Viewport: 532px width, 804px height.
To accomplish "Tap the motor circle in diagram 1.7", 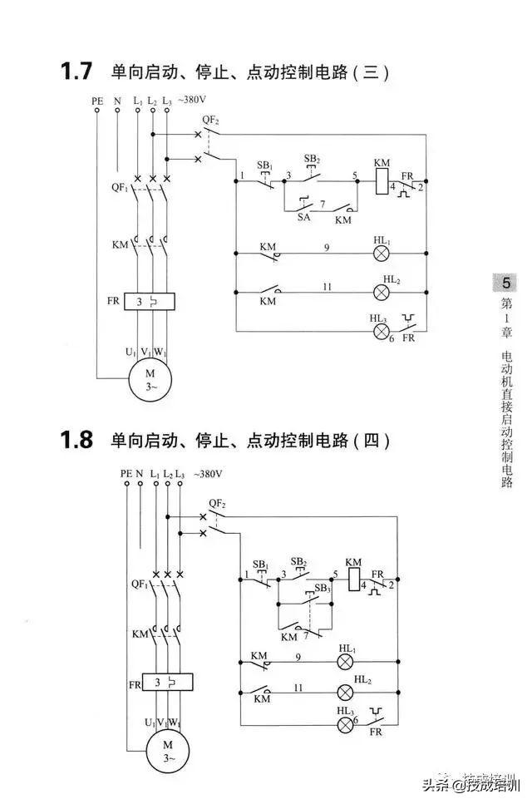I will point(150,379).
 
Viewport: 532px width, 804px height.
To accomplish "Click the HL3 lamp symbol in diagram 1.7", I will point(382,331).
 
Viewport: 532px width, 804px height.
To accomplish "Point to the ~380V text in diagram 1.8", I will point(208,474).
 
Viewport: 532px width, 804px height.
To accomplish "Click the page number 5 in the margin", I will point(505,282).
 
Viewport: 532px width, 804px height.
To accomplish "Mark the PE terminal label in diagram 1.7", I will point(97,101).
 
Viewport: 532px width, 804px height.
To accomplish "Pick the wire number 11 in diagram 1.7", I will point(327,286).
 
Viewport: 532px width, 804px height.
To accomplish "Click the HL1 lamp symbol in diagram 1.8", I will point(345,663).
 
